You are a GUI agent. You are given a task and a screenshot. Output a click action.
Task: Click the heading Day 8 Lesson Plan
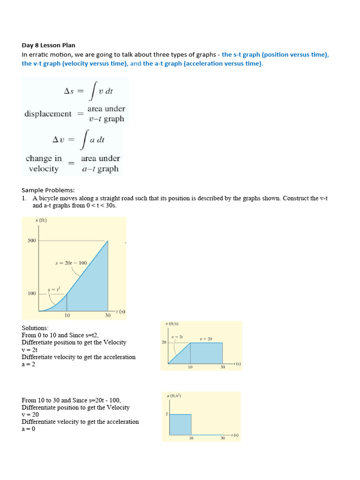[48, 45]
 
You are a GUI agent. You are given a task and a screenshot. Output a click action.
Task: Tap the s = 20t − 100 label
[71, 263]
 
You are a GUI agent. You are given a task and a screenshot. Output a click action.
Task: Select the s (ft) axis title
[41, 220]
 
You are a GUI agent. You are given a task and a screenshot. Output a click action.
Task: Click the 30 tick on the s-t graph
[108, 315]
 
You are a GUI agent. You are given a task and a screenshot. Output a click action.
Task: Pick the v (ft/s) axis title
[172, 324]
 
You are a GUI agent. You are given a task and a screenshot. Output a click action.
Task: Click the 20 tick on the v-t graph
[164, 342]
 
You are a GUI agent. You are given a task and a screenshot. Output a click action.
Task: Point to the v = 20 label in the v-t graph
[206, 338]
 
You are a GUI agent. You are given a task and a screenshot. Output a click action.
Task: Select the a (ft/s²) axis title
[174, 396]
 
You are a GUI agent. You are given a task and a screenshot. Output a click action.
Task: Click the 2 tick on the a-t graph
[166, 414]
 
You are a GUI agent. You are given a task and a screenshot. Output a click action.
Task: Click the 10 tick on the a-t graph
[191, 438]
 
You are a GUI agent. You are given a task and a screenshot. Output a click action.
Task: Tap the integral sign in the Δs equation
[95, 91]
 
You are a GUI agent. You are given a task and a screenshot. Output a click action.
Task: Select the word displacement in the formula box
[48, 113]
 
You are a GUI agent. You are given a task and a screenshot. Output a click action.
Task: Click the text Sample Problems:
[48, 190]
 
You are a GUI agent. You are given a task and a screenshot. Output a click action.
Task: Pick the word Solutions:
[35, 328]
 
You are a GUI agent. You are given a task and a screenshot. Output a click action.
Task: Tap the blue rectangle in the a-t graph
[180, 425]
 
